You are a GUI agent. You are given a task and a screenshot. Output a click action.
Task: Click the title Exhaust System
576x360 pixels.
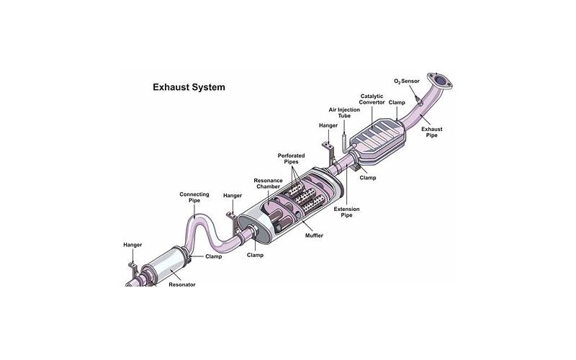189,87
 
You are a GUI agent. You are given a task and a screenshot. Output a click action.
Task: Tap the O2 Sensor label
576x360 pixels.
407,81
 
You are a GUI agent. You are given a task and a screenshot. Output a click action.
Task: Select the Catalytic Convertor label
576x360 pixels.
372,99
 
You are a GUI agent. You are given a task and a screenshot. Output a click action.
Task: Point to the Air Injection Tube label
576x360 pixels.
344,112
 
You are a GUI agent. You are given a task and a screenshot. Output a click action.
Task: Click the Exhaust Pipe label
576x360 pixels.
431,132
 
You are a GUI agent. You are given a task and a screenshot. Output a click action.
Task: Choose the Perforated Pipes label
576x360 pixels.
291,158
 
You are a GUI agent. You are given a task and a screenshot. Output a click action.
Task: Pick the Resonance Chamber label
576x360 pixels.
268,184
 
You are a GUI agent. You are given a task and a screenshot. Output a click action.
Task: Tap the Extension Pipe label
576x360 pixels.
346,212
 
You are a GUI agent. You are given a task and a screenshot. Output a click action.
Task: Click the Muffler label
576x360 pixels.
314,235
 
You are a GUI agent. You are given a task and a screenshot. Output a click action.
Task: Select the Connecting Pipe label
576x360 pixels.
194,197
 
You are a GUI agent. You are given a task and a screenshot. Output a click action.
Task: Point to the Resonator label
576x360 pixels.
182,284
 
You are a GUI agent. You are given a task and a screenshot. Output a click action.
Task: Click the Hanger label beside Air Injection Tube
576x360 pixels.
328,125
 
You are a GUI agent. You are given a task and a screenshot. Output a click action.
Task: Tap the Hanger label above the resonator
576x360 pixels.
132,245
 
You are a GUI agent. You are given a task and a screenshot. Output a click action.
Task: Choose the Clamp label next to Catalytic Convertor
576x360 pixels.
397,102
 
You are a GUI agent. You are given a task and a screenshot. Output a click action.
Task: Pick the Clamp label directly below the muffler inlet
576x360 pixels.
255,255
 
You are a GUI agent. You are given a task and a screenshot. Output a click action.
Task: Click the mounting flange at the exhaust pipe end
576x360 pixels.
439,81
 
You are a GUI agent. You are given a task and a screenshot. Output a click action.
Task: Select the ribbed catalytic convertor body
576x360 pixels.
377,138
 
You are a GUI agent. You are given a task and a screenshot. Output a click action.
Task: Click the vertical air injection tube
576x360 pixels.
345,140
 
